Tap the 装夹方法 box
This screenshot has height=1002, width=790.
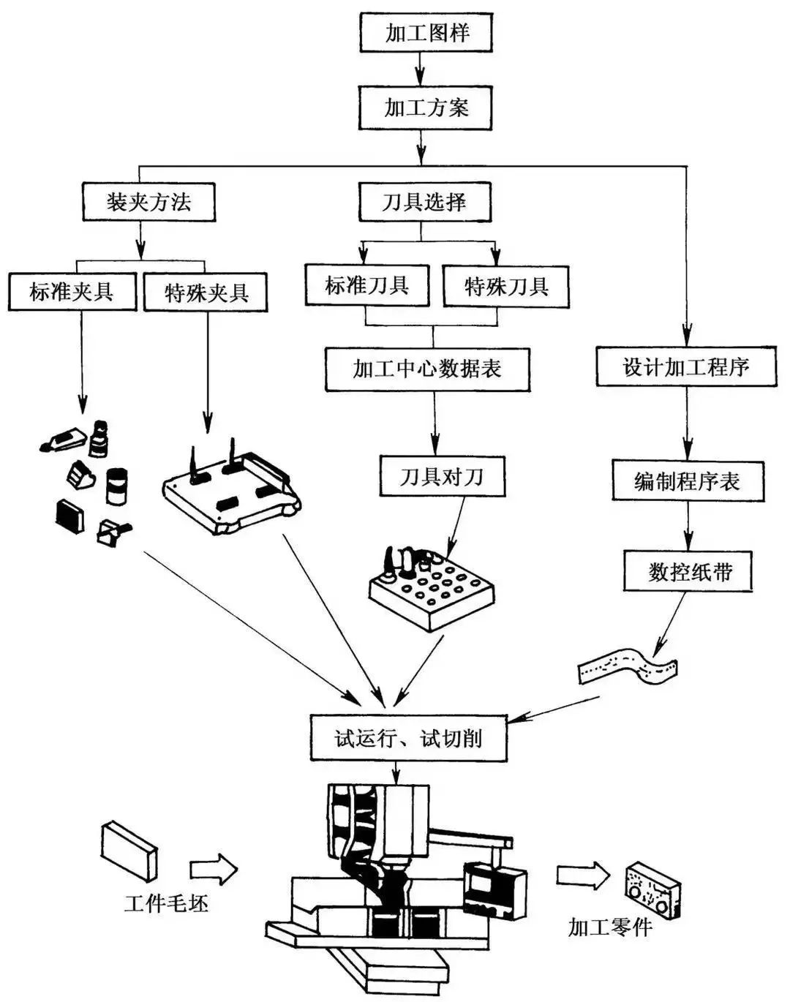[148, 201]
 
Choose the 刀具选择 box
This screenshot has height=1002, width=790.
[424, 201]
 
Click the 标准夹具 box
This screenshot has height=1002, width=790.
[72, 292]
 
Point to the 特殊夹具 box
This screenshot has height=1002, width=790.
[206, 293]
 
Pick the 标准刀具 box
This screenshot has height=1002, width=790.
[367, 285]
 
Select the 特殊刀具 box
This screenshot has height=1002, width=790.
[506, 286]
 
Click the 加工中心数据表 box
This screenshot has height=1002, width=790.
[427, 368]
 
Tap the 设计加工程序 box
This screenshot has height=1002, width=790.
[685, 366]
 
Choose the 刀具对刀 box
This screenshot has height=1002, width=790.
[442, 477]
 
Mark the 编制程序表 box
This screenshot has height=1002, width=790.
[687, 481]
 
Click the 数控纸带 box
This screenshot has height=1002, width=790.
[689, 571]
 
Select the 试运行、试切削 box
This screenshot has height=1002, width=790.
[408, 737]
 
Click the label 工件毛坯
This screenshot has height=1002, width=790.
[166, 904]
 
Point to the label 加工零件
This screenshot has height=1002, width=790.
[609, 927]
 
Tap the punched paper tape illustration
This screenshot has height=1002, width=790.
[628, 666]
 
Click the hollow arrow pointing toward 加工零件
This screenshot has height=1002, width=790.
[582, 875]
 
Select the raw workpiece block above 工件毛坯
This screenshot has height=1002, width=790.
[129, 850]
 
